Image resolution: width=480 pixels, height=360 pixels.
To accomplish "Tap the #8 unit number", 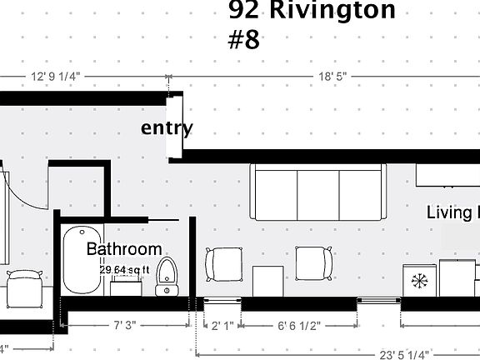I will tap(244, 41).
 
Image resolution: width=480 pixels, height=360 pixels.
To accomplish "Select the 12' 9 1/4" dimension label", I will tap(56, 76).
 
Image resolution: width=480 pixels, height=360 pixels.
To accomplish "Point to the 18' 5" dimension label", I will tap(332, 76).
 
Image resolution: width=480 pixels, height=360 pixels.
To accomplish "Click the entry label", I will tap(167, 128).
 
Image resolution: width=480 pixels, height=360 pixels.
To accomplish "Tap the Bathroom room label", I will tap(124, 248).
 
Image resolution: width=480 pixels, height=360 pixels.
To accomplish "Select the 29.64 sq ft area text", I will tap(131, 269).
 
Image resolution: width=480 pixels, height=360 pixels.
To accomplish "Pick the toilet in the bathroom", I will tap(168, 276).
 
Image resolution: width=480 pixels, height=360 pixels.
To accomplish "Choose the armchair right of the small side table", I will tap(315, 266).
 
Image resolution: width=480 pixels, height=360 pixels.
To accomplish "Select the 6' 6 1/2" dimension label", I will tap(298, 325).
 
